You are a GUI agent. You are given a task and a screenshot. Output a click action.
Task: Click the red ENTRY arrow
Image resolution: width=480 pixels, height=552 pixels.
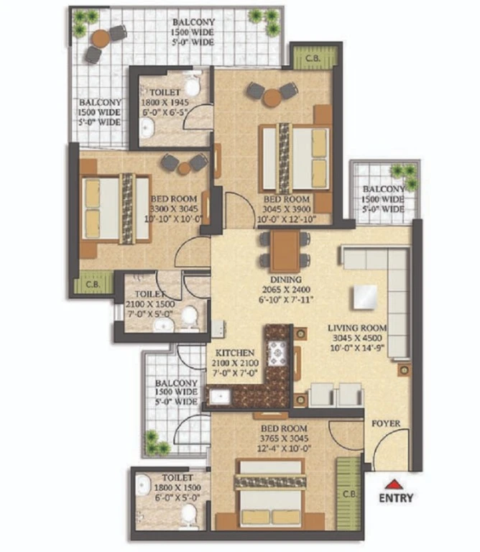tap(394, 484)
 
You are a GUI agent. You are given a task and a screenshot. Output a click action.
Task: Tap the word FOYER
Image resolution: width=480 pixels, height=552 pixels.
tap(386, 423)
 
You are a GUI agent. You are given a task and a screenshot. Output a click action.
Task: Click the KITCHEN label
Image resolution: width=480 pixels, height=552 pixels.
tap(235, 353)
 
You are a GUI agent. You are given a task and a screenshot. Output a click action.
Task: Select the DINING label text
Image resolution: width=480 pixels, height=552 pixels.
tap(286, 280)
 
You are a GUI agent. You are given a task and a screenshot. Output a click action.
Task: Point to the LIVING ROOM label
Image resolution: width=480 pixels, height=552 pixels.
tap(357, 328)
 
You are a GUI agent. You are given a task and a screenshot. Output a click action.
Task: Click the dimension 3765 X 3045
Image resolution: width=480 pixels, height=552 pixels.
tap(284, 438)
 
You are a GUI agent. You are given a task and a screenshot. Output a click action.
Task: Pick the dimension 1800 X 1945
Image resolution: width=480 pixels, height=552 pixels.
tap(165, 103)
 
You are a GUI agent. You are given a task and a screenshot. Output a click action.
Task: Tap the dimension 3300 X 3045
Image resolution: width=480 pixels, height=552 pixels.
tap(174, 208)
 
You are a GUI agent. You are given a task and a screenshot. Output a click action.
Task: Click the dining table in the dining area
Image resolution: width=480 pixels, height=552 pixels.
tap(285, 252)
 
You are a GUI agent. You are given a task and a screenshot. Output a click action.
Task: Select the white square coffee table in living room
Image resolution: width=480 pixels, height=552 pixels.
tap(365, 297)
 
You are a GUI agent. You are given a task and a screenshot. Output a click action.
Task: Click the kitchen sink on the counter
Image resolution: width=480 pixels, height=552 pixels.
tap(220, 397)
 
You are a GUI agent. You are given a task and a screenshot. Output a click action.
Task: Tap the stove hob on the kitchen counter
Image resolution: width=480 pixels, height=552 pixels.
tap(278, 353)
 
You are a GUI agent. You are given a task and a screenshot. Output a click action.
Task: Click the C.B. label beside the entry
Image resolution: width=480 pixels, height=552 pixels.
tap(349, 494)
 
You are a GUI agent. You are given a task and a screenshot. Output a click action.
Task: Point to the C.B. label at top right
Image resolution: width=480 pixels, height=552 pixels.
tap(313, 58)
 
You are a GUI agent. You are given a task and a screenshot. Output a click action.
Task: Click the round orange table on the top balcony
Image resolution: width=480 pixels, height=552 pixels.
tap(101, 38)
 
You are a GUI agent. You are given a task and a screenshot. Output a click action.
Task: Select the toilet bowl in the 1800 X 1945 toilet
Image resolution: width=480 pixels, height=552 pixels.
tap(193, 86)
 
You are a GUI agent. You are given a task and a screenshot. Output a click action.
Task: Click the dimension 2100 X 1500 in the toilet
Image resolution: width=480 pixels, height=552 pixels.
tap(150, 304)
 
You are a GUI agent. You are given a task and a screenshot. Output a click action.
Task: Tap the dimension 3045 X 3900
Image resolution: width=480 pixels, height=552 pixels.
tap(287, 209)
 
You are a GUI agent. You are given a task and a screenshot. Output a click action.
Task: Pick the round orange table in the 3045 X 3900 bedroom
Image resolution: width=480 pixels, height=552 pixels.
tap(272, 98)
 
